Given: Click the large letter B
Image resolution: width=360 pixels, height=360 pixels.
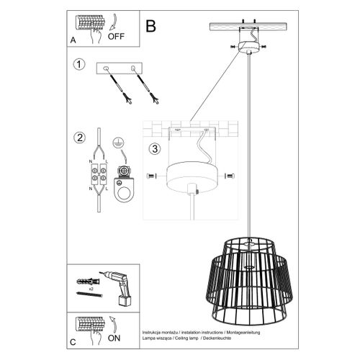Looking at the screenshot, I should point(150,26).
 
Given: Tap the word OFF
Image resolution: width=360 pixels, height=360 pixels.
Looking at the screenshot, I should point(117,34).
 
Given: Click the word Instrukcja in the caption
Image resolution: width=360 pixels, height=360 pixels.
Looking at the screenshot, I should point(153,325).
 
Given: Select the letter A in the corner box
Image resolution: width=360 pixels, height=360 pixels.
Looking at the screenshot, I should point(74,40).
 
